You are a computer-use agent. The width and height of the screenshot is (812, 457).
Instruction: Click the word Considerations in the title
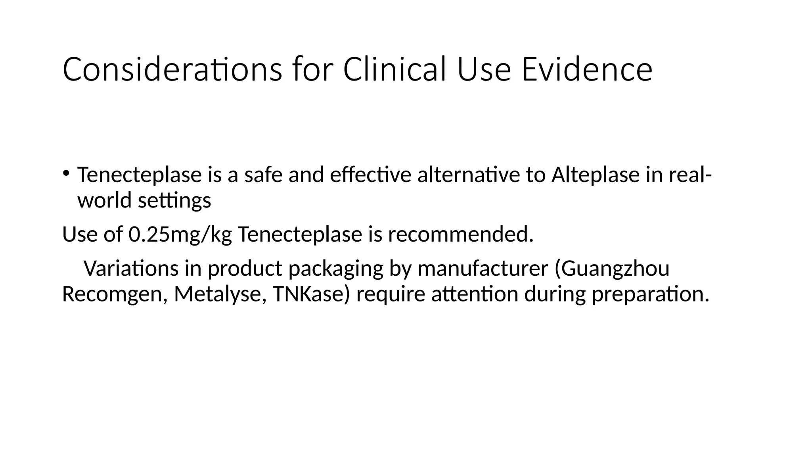pos(172,70)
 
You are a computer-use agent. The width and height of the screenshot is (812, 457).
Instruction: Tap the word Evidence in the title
pos(587,70)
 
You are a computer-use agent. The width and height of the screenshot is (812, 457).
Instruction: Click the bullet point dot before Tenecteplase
pos(66,173)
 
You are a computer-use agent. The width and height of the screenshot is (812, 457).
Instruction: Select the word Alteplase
pos(595,175)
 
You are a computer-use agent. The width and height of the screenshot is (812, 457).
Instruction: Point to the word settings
pos(174,201)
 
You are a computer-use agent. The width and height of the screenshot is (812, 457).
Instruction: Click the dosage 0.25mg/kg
pos(180,234)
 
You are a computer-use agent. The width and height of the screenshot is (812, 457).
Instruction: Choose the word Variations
pos(131,269)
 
